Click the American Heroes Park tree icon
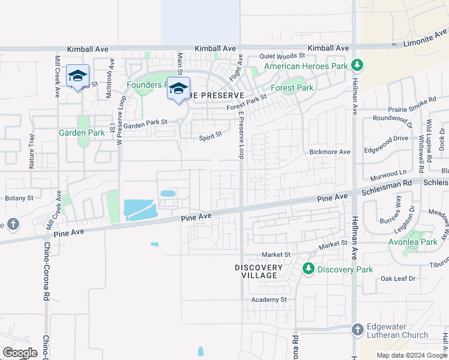pyautogui.click(x=357, y=64)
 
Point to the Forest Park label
pyautogui.click(x=292, y=88)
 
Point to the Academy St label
pyautogui.click(x=270, y=299)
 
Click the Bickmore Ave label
pyautogui.click(x=330, y=152)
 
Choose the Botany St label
pyautogui.click(x=18, y=197)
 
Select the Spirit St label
pyautogui.click(x=211, y=137)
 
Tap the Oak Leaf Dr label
pyautogui.click(x=398, y=278)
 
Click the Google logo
pyautogui.click(x=20, y=353)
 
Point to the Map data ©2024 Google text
pyautogui.click(x=412, y=355)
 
